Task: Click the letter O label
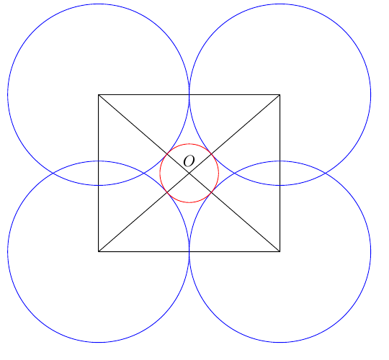[x=189, y=161]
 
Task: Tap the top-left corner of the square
[x=99, y=95]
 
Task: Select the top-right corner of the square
[x=280, y=95]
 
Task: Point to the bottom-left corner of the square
[x=99, y=251]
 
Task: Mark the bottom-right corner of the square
[x=280, y=251]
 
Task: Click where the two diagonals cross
[x=189, y=173]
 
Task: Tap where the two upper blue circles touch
[x=189, y=95]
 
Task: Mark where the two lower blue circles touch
[x=189, y=251]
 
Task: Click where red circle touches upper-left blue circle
[x=167, y=154]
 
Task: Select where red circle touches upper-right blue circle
[x=211, y=154]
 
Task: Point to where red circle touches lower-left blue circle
[x=167, y=192]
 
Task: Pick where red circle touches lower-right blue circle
[x=211, y=192]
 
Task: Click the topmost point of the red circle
[x=189, y=144]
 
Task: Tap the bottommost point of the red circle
[x=189, y=202]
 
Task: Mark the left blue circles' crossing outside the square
[x=53, y=173]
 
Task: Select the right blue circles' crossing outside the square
[x=325, y=173]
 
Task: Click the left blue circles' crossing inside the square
[x=144, y=173]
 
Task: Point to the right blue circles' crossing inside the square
[x=234, y=173]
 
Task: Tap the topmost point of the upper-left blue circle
[x=99, y=4]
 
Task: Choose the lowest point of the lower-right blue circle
[x=280, y=342]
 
